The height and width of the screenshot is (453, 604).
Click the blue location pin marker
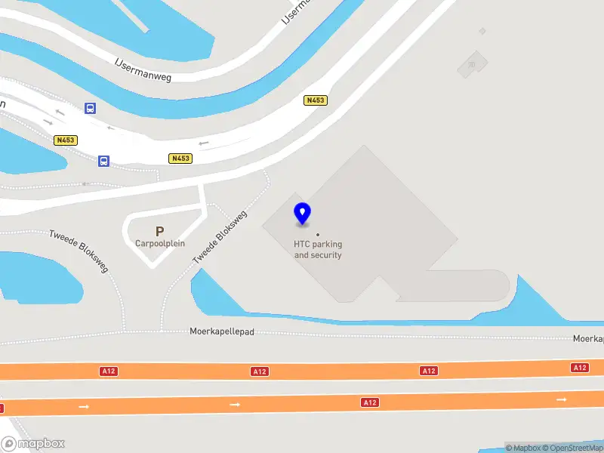click(303, 214)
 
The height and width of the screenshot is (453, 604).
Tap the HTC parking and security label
click(318, 249)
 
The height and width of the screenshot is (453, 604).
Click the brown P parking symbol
click(159, 232)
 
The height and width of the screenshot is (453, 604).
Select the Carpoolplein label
click(160, 243)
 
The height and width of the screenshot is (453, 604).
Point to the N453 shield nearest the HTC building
click(316, 100)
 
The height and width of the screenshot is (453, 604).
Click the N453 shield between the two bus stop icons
click(66, 140)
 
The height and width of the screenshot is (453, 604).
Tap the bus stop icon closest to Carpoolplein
click(103, 161)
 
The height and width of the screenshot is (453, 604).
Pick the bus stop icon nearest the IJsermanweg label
click(90, 109)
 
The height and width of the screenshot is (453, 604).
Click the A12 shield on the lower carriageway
click(369, 403)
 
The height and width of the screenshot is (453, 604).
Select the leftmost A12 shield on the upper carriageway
click(109, 371)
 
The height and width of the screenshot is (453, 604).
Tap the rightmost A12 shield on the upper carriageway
click(579, 368)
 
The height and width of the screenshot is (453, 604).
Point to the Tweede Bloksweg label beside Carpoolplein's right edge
click(219, 237)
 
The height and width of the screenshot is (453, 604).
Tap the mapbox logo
click(33, 444)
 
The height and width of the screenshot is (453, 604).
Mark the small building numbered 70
click(472, 64)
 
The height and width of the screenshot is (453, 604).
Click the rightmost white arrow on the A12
click(561, 399)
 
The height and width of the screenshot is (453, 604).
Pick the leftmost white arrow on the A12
click(84, 407)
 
